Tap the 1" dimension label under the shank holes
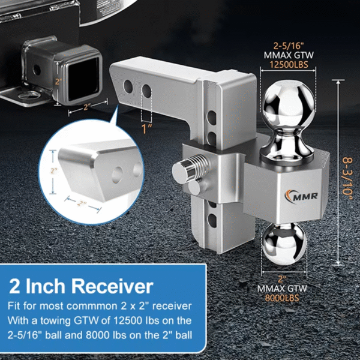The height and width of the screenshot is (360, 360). tap(145, 128)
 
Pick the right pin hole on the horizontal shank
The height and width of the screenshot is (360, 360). tap(146, 90)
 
